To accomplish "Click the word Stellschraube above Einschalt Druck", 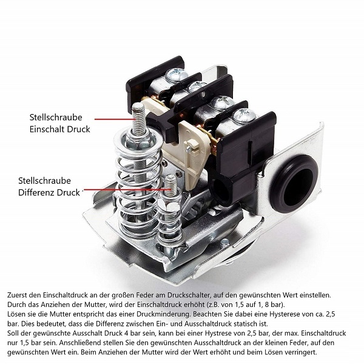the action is tap(56, 118).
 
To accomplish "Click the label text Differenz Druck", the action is tap(49, 193).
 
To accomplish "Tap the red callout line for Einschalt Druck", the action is tap(115, 120).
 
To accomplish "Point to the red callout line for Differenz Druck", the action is tap(127, 190).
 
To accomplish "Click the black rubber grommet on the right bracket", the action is tap(294, 184).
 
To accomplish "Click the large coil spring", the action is tap(138, 186).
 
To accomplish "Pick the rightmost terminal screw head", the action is tap(244, 115).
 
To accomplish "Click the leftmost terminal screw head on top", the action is tap(177, 74).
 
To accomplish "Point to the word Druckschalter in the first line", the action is tap(187, 295).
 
